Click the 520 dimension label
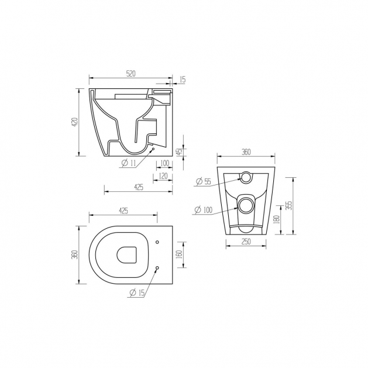[131, 74]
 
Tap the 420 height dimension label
[75, 122]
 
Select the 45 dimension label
[180, 152]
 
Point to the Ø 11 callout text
[129, 163]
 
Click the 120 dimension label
[163, 176]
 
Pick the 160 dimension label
[179, 254]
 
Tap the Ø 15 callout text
[136, 293]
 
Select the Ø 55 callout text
[204, 181]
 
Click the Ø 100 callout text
[203, 209]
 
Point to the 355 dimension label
[290, 205]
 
